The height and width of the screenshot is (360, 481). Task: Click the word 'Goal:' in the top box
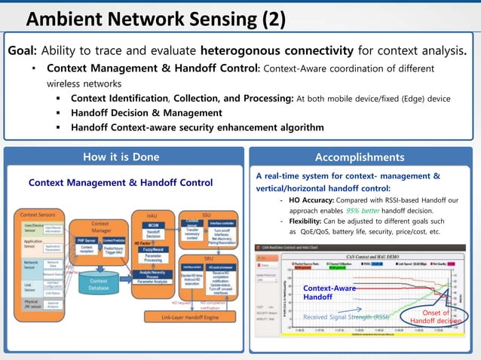[x=23, y=51]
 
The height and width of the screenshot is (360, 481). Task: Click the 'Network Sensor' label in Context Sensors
[x=32, y=265]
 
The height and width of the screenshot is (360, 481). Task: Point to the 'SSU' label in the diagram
[x=207, y=214]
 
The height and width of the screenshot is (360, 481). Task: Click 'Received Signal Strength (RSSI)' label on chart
[x=346, y=317]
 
